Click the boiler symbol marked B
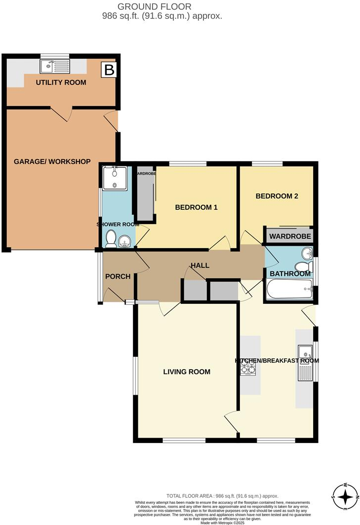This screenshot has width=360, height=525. tap(108, 70)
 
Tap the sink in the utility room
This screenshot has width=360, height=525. tap(56, 66)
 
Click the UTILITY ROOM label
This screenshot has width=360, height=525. tap(61, 82)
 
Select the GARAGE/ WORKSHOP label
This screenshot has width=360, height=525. tap(52, 162)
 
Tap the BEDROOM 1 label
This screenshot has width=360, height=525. tap(196, 208)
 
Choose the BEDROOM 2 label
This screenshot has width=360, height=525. tap(277, 196)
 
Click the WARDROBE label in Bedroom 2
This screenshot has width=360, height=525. tap(290, 237)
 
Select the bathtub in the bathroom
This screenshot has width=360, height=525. tap(289, 290)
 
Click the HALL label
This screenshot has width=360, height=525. tap(200, 265)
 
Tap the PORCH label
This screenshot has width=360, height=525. tap(118, 277)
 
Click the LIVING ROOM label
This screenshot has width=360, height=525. tap(187, 372)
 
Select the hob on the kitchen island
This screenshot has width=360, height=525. tap(248, 368)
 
